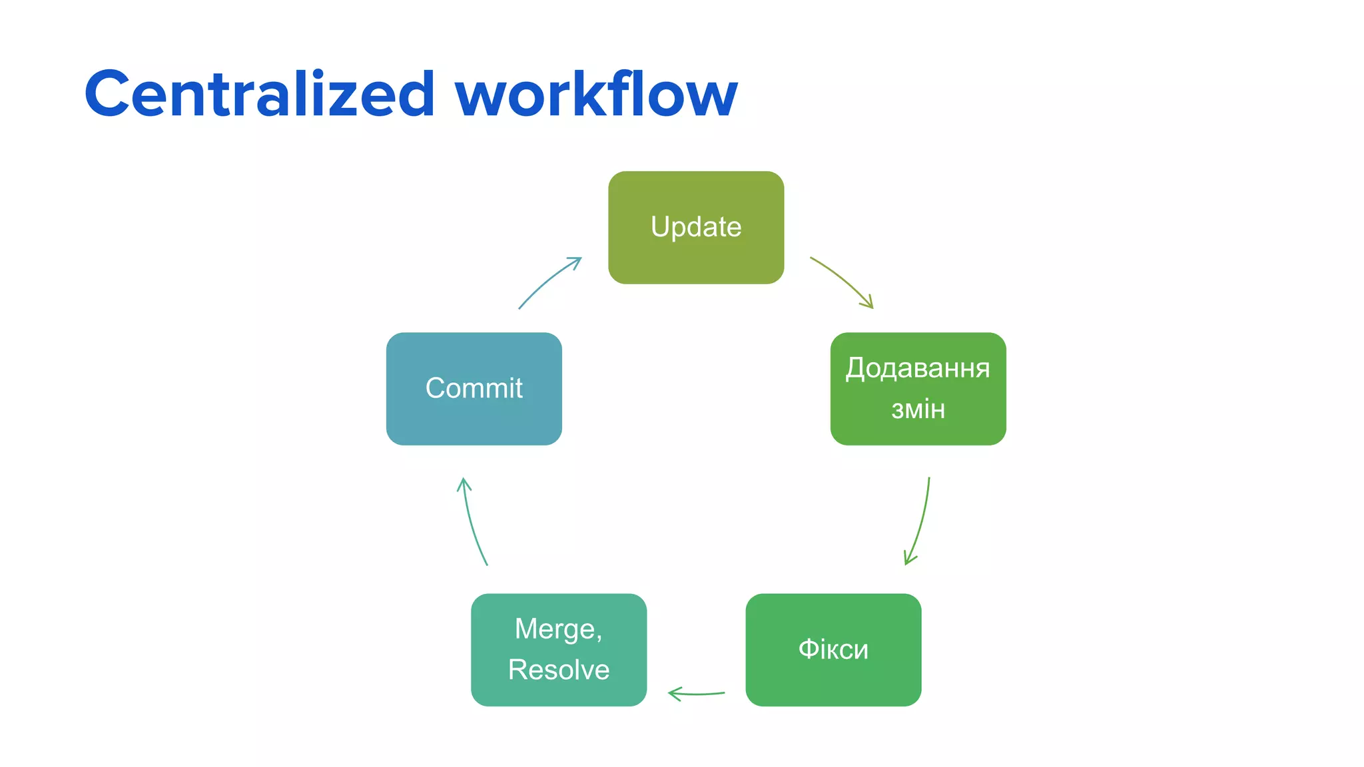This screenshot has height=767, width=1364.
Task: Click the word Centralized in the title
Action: click(260, 95)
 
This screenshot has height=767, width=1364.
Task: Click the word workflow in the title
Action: click(596, 95)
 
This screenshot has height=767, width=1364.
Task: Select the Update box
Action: click(695, 227)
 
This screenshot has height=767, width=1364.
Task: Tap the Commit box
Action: click(474, 388)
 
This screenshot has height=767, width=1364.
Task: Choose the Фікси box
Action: click(833, 649)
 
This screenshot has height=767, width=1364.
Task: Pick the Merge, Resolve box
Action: click(558, 649)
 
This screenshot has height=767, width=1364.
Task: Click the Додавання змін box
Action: click(918, 388)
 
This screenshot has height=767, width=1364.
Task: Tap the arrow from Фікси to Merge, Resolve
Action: click(696, 694)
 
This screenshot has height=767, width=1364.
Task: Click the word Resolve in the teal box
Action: click(558, 670)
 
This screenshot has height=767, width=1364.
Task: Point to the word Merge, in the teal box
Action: click(558, 629)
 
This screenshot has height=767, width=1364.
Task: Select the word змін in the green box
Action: click(918, 409)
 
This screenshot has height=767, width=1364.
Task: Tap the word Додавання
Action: click(918, 368)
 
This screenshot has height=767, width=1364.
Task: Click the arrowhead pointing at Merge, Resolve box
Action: click(673, 694)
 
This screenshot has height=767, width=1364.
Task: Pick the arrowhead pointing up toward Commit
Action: click(464, 483)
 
